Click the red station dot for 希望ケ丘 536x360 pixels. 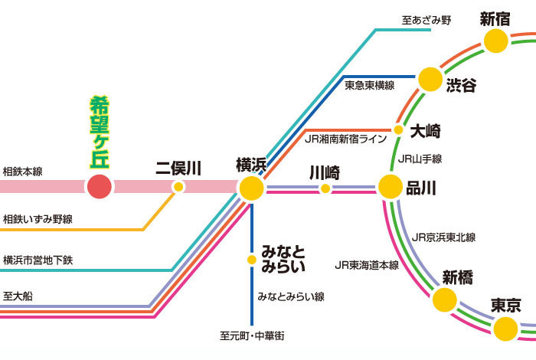(99, 187)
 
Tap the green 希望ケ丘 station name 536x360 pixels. (100, 133)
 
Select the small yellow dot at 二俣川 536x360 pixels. (178, 187)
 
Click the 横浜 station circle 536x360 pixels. (252, 188)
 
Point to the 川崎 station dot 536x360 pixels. (325, 188)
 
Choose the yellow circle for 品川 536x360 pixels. (391, 187)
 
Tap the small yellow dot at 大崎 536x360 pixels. (398, 130)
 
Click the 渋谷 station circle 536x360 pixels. (430, 80)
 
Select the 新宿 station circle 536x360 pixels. (495, 41)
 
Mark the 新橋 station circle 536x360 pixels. (445, 299)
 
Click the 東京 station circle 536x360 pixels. (505, 329)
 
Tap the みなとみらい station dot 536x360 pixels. (252, 260)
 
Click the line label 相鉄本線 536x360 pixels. (22, 172)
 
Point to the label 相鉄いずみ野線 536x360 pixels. (38, 219)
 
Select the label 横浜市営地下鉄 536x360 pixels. (38, 260)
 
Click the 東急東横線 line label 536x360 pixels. (370, 85)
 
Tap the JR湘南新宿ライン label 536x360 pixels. (345, 139)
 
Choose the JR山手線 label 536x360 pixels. (420, 159)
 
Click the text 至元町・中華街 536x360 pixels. (252, 335)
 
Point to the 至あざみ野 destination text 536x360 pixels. (427, 20)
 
